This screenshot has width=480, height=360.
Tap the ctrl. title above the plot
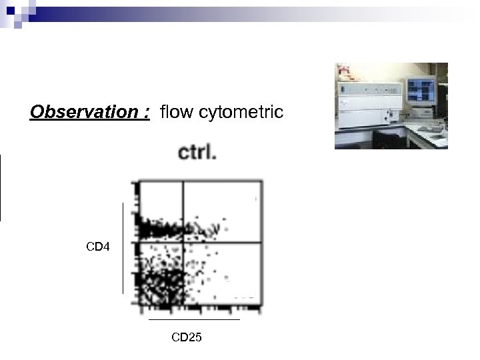tap(197, 153)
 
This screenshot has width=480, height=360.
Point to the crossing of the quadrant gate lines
tap(183, 242)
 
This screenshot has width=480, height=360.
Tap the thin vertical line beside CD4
tap(123, 247)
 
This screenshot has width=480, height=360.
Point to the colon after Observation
tap(146, 113)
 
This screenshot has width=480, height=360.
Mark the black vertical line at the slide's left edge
tap(1, 187)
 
